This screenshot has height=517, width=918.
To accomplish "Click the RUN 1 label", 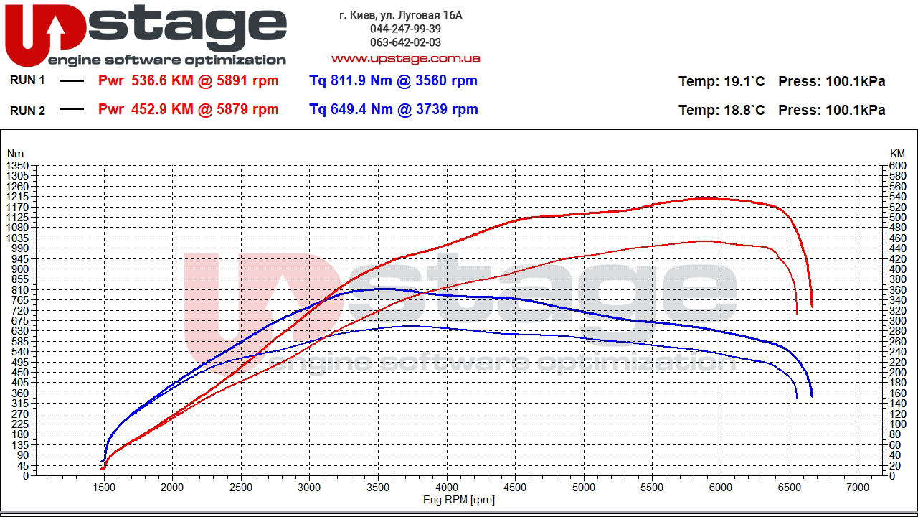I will [27, 80].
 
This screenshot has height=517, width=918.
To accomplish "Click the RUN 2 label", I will [27, 110].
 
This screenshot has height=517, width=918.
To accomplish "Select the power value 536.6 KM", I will [162, 81].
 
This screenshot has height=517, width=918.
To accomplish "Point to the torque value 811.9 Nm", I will [351, 80].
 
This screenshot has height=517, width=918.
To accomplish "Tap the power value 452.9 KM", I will [162, 110].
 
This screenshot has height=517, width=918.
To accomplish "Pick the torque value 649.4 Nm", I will [351, 109].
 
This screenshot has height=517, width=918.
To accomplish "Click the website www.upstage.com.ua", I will [405, 58].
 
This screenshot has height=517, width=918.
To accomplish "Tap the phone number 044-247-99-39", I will [405, 29].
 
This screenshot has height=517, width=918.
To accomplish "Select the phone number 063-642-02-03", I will [405, 42].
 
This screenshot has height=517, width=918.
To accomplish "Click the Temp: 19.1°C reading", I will [721, 81].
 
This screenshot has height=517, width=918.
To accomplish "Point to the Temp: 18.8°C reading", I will [721, 110].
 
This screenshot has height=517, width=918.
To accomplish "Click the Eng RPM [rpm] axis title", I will [459, 499].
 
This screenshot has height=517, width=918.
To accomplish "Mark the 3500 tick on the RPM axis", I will [378, 487].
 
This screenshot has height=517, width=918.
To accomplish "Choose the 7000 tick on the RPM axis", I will [858, 487].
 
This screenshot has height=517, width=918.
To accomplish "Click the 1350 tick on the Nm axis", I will [16, 166].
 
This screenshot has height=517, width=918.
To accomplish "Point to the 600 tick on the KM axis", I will [897, 166].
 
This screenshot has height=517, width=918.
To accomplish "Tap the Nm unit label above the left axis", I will [15, 154].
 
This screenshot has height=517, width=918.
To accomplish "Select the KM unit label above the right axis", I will [897, 154].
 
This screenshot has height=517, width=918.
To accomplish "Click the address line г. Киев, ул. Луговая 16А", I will [401, 15].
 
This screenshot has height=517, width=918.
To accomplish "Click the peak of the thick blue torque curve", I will [384, 289].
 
